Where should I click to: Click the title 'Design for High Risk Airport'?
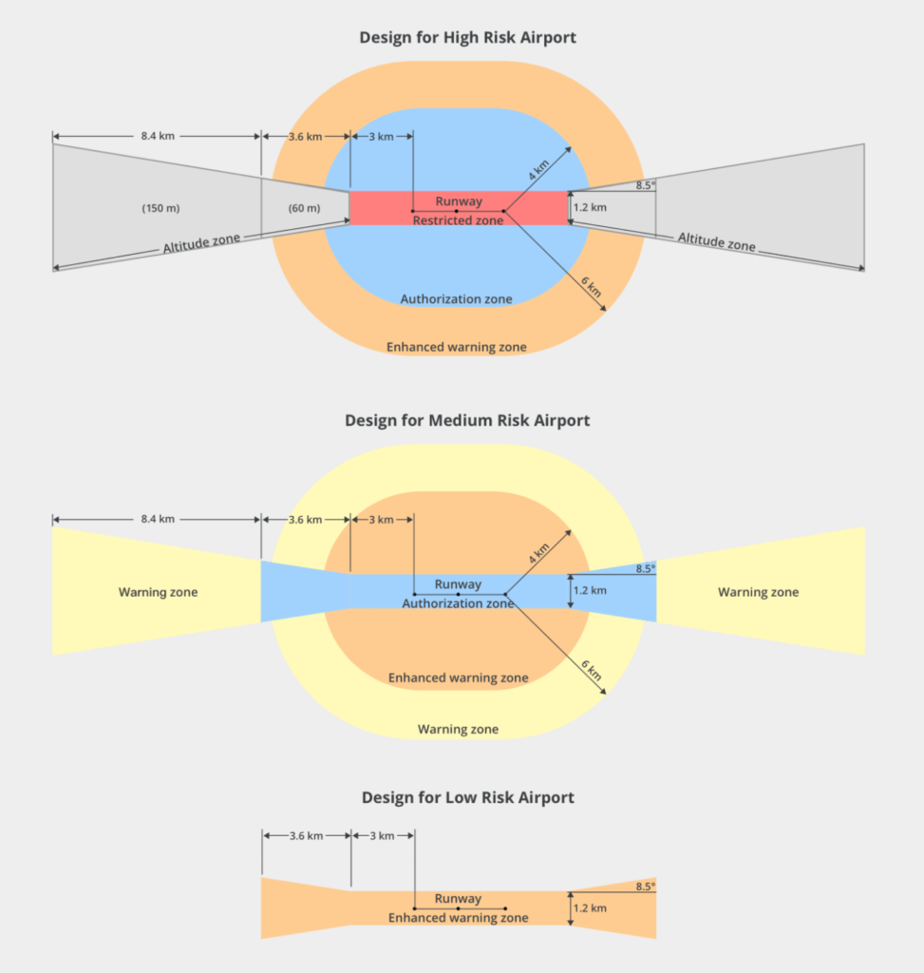click(x=467, y=37)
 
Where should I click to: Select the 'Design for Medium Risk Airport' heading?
click(x=467, y=420)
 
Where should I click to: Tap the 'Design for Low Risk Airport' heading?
click(x=467, y=797)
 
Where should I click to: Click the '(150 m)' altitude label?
click(x=160, y=208)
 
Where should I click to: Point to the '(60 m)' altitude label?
click(x=304, y=208)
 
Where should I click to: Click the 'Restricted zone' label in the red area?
click(x=459, y=220)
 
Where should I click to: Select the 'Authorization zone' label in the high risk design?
click(x=457, y=299)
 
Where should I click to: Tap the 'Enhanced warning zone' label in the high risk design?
click(x=457, y=347)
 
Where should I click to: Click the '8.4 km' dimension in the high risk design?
click(x=158, y=136)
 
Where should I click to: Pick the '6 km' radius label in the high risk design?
click(x=592, y=287)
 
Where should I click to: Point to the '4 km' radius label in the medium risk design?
click(x=538, y=553)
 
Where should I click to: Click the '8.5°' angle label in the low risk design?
click(x=645, y=887)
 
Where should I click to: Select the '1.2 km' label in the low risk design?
click(x=590, y=907)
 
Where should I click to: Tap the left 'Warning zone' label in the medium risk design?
click(x=159, y=592)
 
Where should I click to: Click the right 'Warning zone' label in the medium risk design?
click(x=759, y=592)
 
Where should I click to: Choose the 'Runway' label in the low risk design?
click(x=459, y=899)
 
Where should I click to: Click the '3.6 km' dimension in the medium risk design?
click(x=305, y=520)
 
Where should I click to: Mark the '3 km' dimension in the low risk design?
click(x=382, y=836)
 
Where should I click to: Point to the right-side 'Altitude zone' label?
click(x=716, y=241)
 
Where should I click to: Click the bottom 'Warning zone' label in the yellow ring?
click(x=458, y=729)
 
